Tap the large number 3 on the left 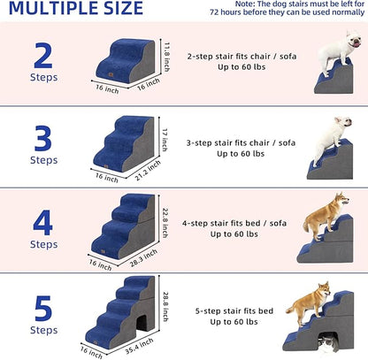[43, 139]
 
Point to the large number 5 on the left [43, 307]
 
